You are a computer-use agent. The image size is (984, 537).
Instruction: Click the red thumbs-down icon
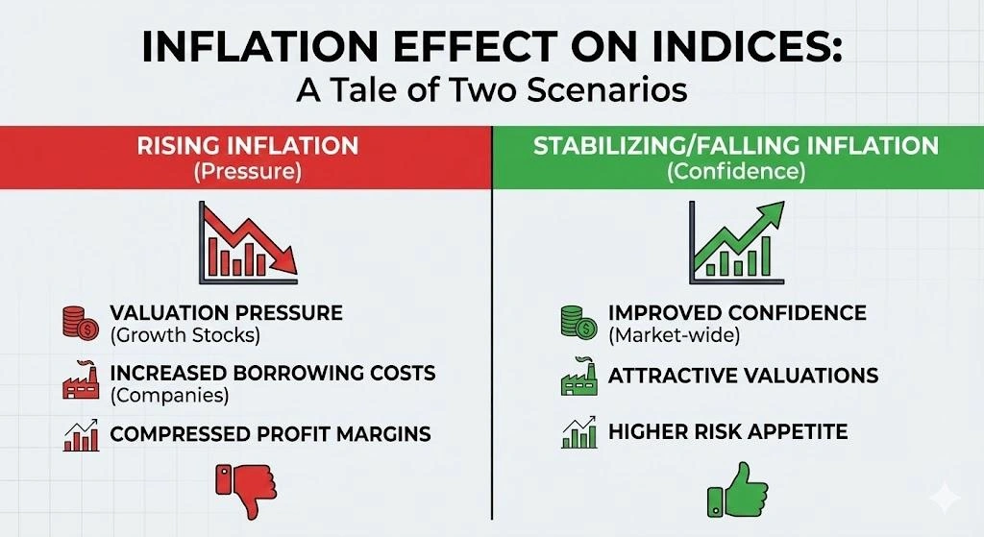[x=246, y=487]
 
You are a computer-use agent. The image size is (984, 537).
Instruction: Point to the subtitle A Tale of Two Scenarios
[x=491, y=89]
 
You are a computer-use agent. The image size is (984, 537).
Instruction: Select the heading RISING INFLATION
[x=247, y=146]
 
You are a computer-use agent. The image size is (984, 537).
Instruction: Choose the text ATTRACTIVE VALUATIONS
[x=743, y=376]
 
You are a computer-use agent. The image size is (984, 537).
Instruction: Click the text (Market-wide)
[x=674, y=335]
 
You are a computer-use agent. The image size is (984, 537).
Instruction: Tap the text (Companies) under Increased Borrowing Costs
[x=169, y=395]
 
